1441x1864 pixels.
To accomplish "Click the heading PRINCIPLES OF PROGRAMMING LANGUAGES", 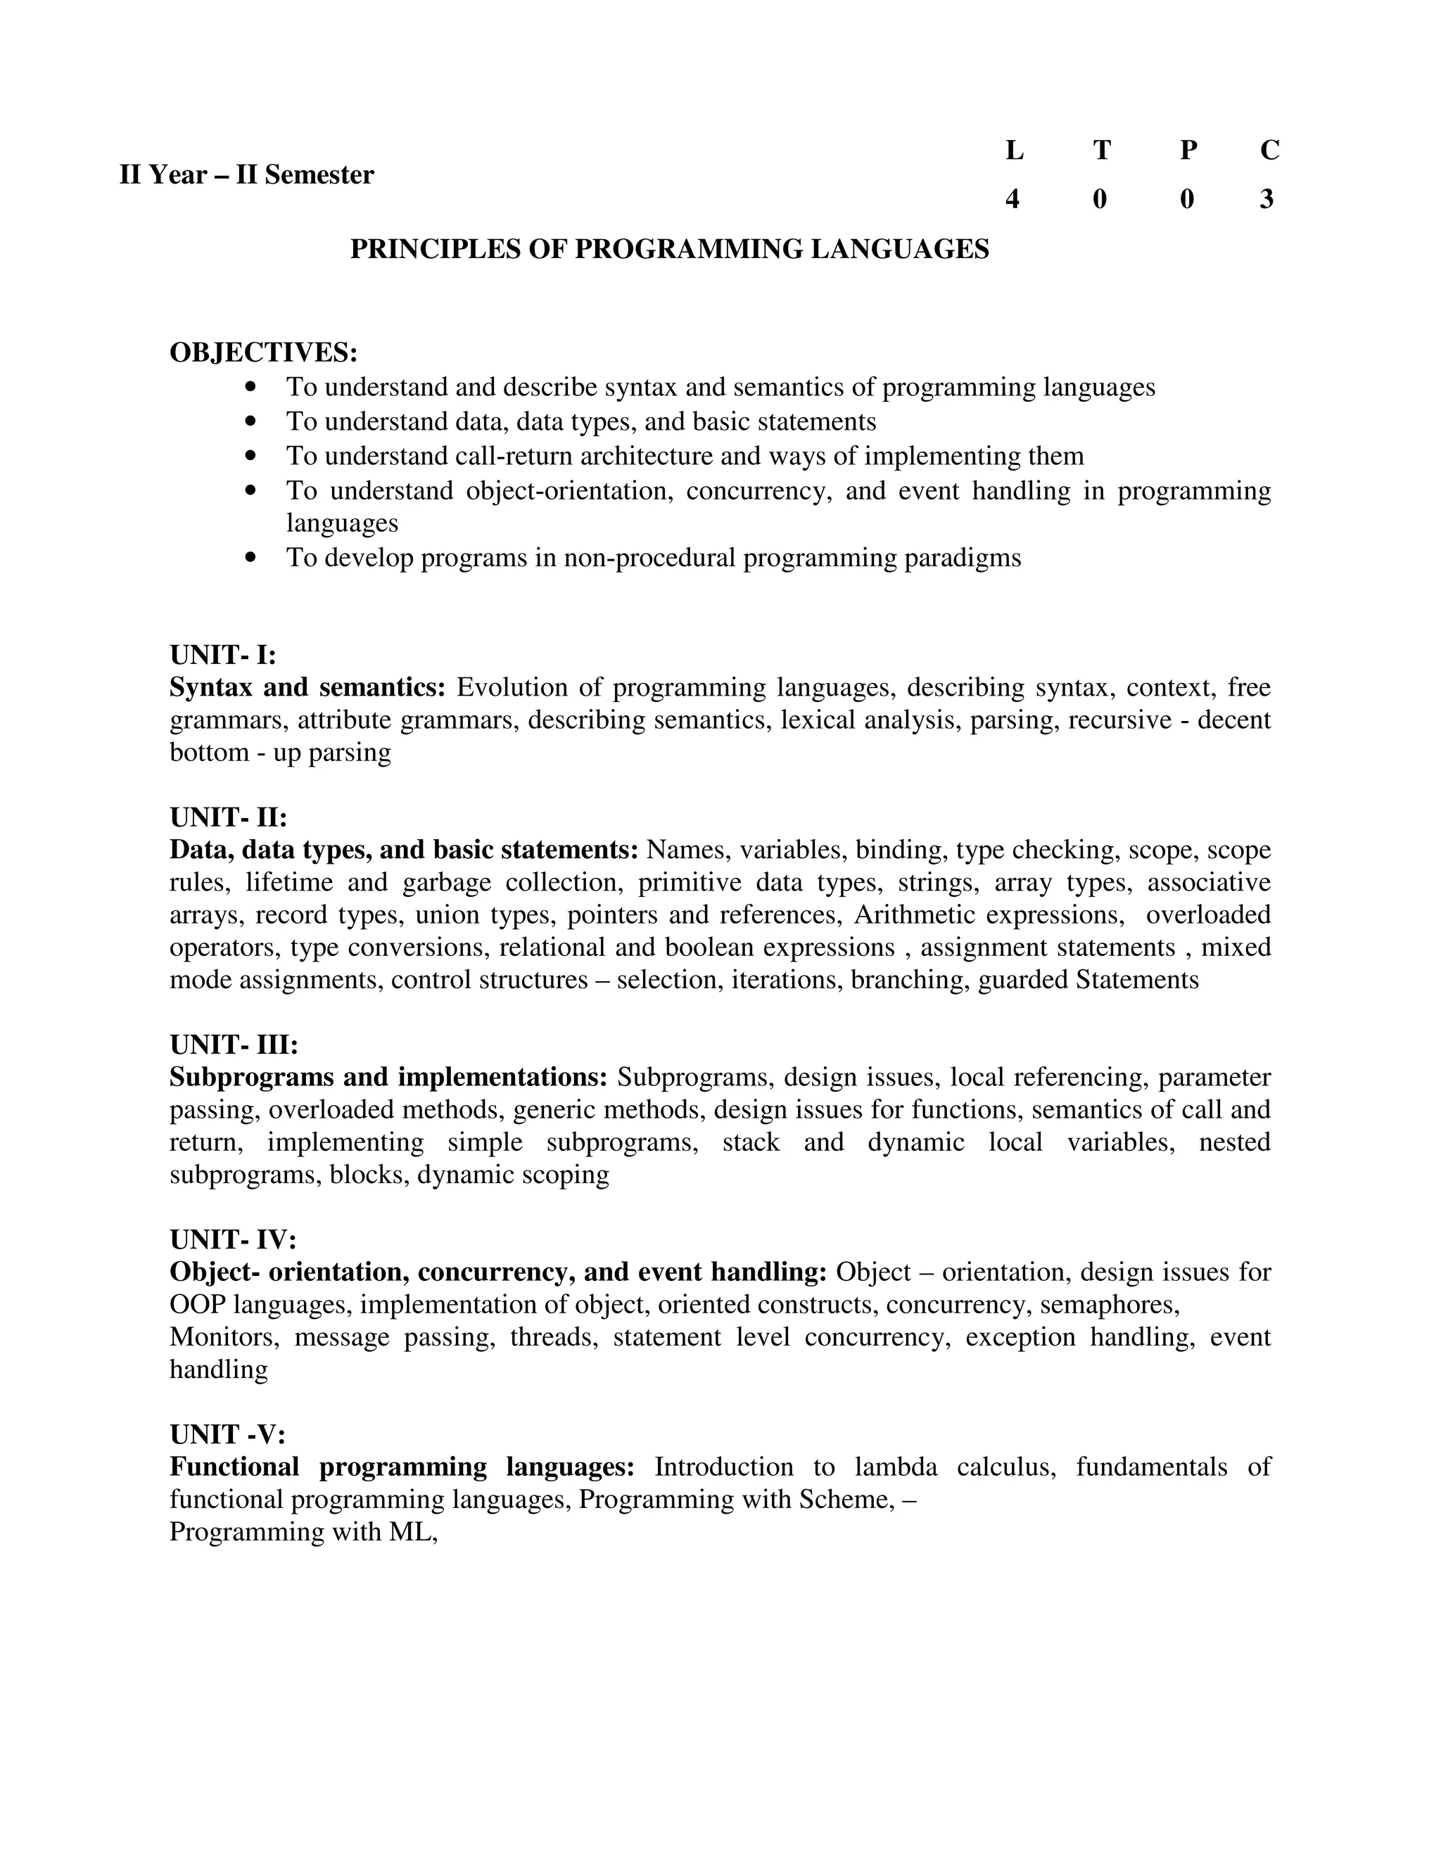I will [x=669, y=249].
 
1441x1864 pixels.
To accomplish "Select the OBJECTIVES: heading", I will [x=263, y=352].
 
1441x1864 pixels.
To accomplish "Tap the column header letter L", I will [x=1013, y=151].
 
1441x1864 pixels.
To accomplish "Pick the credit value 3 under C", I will [x=1267, y=199].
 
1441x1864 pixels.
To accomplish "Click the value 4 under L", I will [x=1012, y=199].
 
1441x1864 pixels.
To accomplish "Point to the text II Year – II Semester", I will [x=247, y=175].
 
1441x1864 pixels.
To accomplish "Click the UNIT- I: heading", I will [x=223, y=655].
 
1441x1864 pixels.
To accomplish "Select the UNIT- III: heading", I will [x=234, y=1045].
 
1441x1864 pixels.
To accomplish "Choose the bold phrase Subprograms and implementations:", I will [x=388, y=1077].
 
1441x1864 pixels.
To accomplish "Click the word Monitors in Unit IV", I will [x=224, y=1336].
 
